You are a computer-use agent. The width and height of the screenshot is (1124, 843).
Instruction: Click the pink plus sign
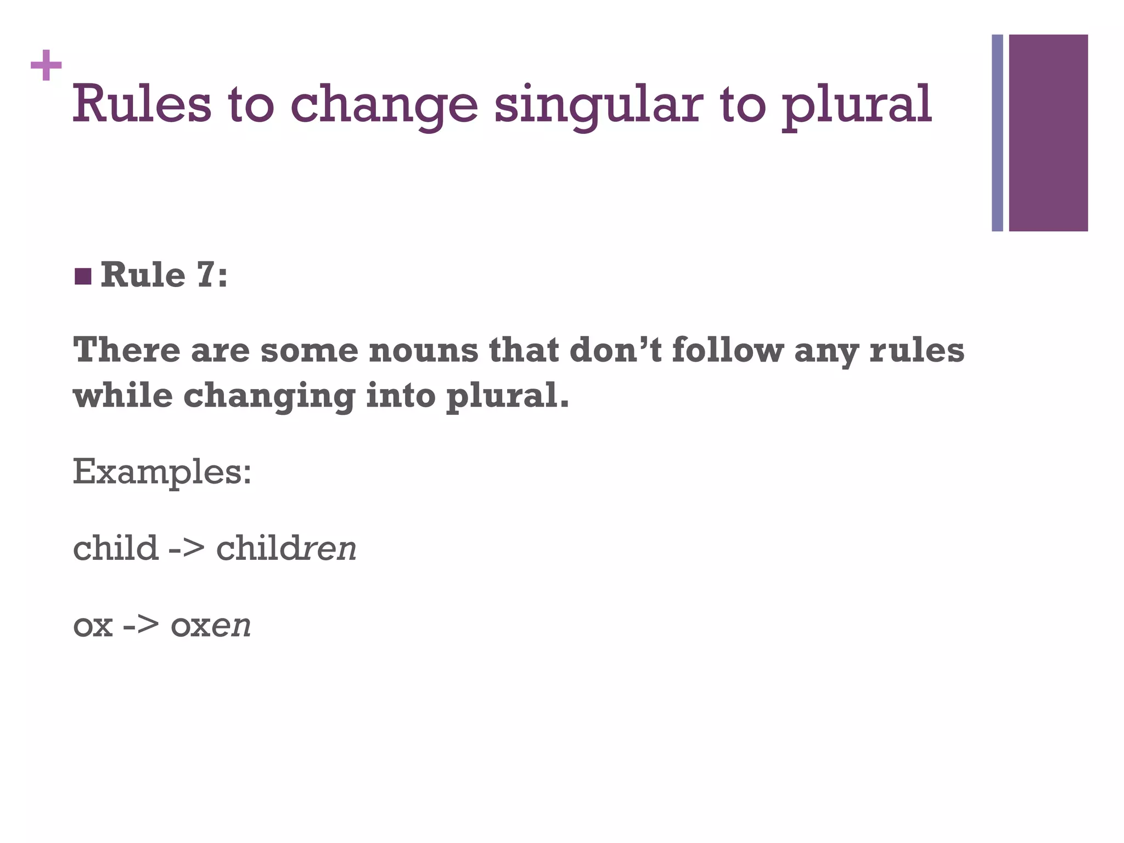coord(46,65)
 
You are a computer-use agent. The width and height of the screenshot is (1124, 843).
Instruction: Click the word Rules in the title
coord(142,104)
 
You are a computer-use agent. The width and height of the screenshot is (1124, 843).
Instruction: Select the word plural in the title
coord(856,105)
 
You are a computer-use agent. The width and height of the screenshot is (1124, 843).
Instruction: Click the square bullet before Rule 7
coord(83,277)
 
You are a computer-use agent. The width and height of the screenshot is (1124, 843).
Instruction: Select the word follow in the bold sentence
coord(727,350)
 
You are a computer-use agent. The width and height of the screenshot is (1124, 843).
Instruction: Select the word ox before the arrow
coord(93,625)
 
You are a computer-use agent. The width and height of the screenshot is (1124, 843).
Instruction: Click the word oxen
coord(211,625)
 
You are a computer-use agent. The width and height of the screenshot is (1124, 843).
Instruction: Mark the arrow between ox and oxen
coord(141,625)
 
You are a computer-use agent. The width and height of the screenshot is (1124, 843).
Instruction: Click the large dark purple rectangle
coord(1048,133)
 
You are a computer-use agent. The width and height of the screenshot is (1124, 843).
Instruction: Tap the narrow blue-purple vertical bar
coord(997,133)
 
